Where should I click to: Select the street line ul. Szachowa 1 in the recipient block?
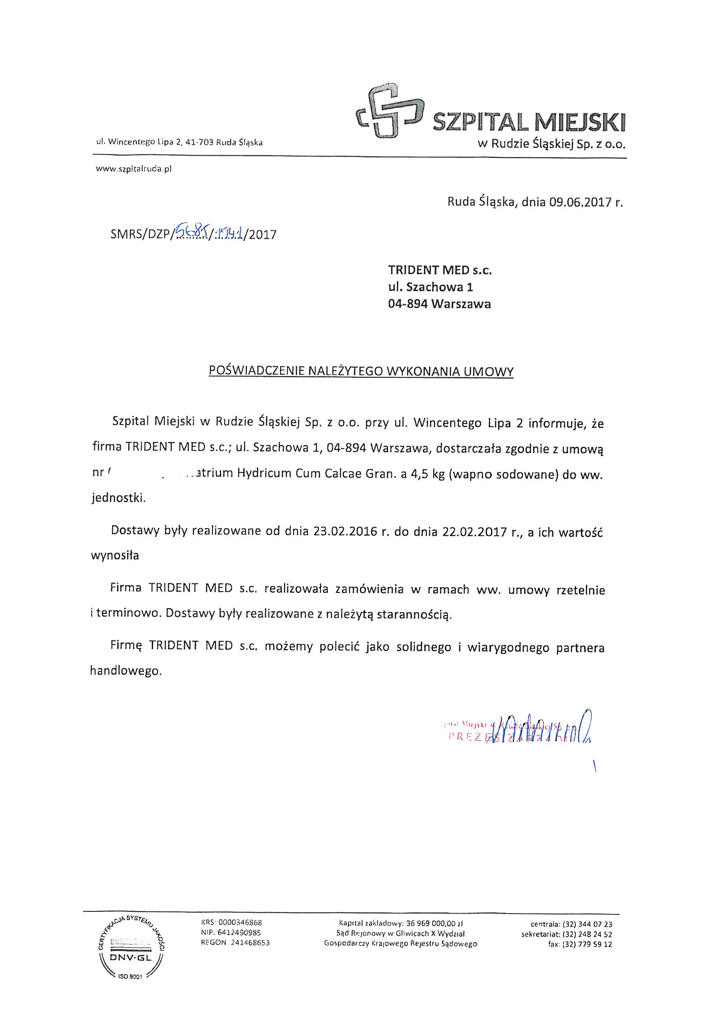coord(431,287)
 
